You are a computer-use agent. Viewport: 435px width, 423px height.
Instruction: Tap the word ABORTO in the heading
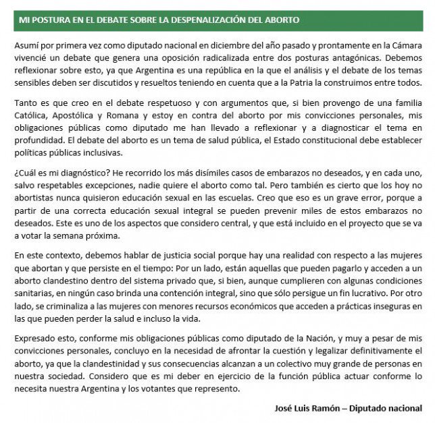pyautogui.click(x=298, y=20)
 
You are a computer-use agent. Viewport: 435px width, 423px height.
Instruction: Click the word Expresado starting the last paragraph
pyautogui.click(x=36, y=341)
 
